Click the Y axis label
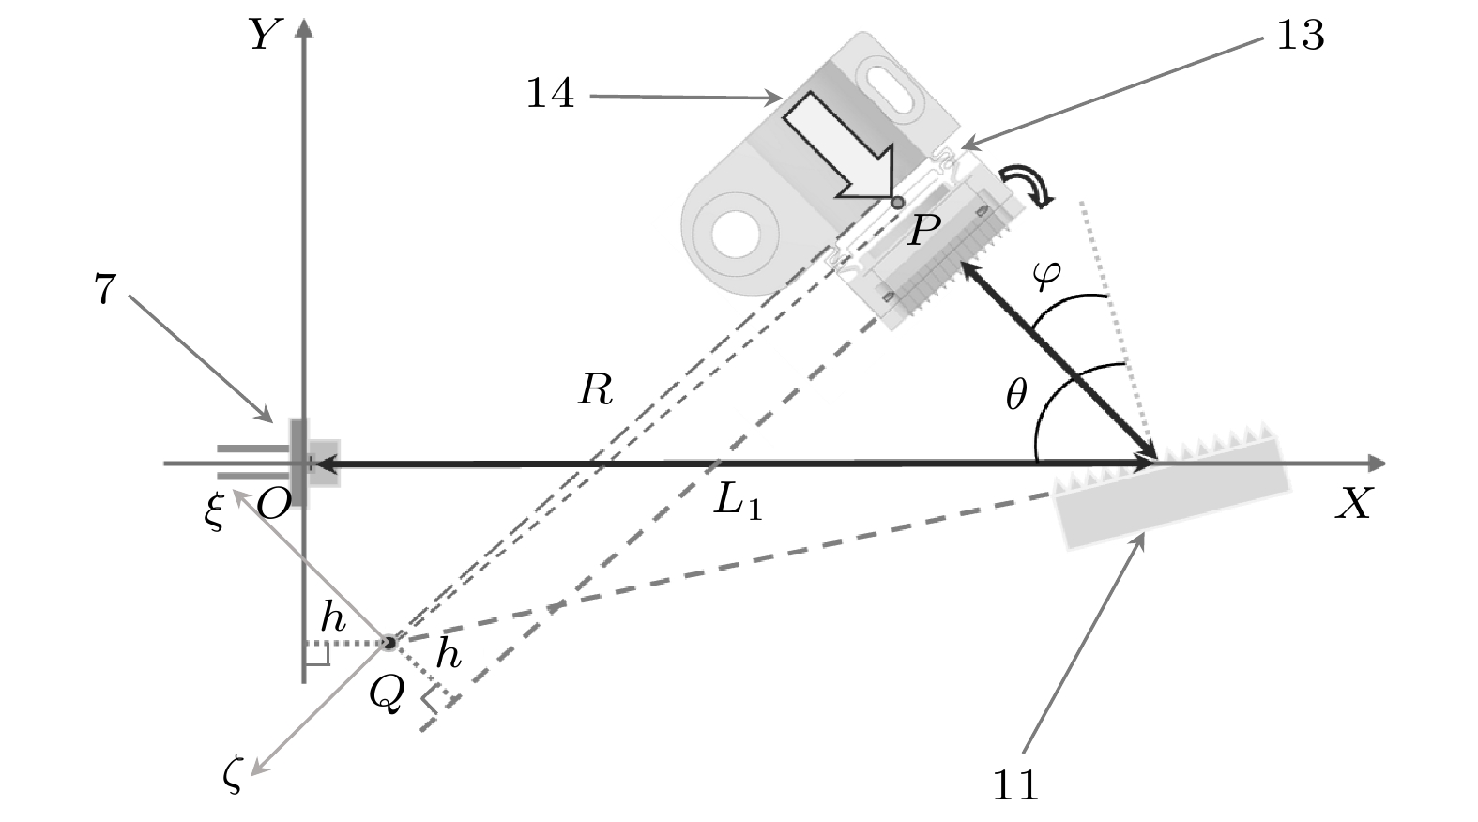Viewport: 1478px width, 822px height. pyautogui.click(x=266, y=36)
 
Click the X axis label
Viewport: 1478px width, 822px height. pyautogui.click(x=1353, y=506)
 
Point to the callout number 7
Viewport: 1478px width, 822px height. pyautogui.click(x=105, y=291)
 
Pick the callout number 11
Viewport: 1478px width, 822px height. pyautogui.click(x=1015, y=784)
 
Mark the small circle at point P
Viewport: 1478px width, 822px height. pyautogui.click(x=897, y=202)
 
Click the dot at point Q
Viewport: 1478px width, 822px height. pyautogui.click(x=389, y=643)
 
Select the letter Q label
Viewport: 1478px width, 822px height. pyautogui.click(x=387, y=693)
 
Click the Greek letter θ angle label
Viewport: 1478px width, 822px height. pyautogui.click(x=1015, y=397)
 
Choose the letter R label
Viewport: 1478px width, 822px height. pyautogui.click(x=595, y=389)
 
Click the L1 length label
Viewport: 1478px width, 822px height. pyautogui.click(x=738, y=504)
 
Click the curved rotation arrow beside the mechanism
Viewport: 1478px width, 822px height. pyautogui.click(x=1029, y=185)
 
